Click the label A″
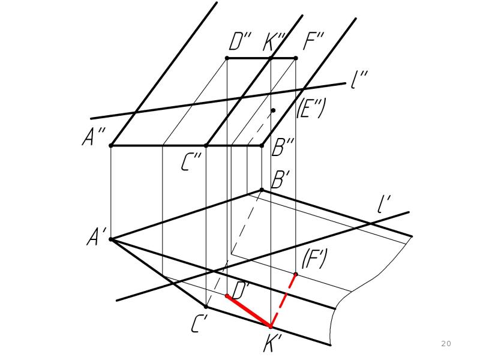(94, 136)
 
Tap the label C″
(191, 162)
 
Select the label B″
(283, 147)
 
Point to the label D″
(239, 41)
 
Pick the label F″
(313, 40)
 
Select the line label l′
(383, 204)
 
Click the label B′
(280, 179)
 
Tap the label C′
(200, 323)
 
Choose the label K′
(272, 343)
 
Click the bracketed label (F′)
(314, 259)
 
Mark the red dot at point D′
(227, 296)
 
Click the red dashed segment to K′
(283, 301)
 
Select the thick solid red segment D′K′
(249, 311)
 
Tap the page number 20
(446, 343)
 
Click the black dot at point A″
(111, 146)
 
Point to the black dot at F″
(296, 58)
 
